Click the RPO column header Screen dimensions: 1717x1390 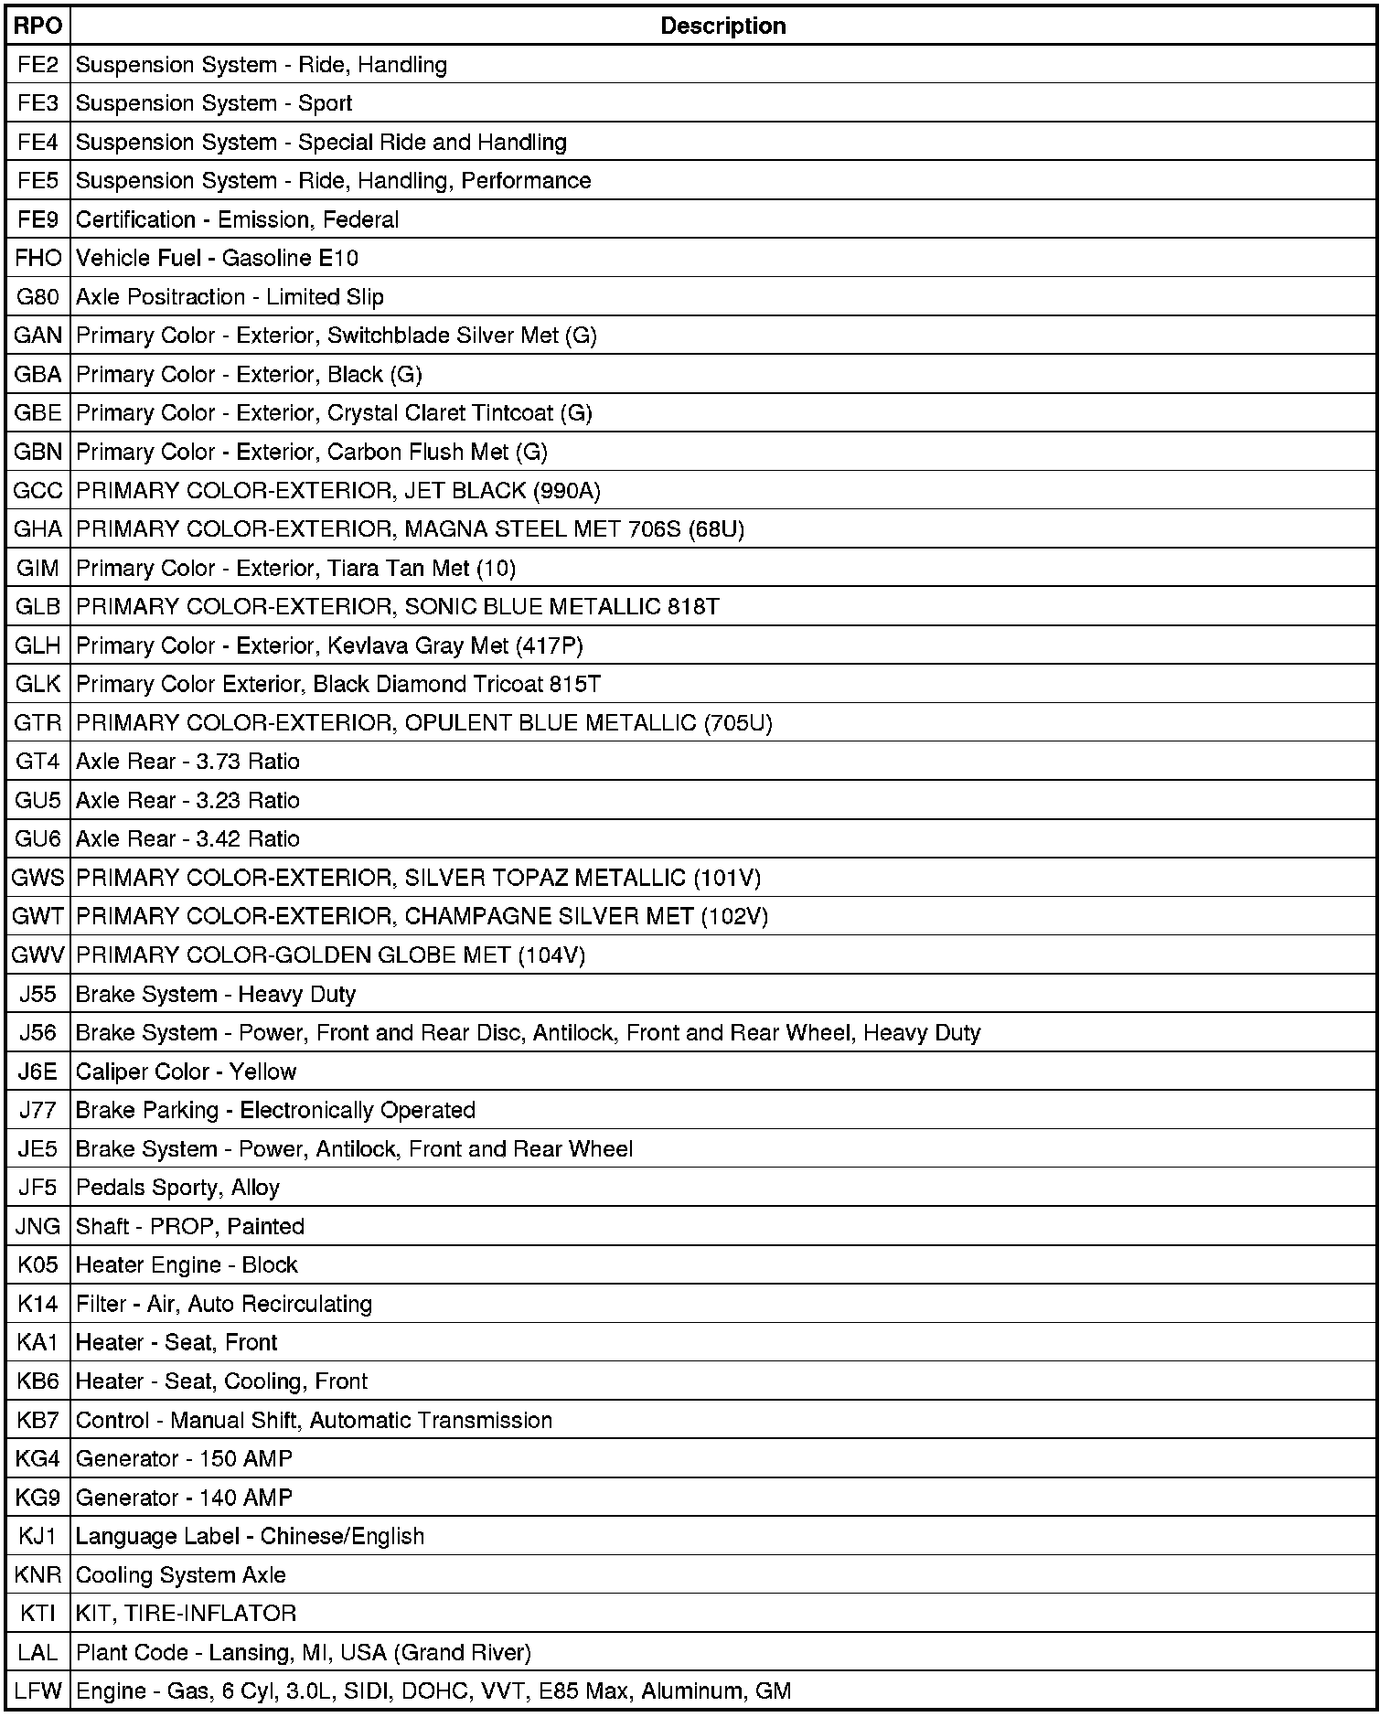[37, 26]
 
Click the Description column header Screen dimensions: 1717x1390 [722, 26]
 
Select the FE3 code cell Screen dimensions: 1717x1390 [37, 103]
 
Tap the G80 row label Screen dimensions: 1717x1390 [37, 297]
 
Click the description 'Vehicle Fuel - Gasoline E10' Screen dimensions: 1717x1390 [217, 259]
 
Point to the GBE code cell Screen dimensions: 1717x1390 [37, 413]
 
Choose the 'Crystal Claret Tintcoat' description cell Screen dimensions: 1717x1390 [334, 413]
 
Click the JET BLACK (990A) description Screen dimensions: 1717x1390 [337, 491]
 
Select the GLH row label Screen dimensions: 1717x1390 [37, 645]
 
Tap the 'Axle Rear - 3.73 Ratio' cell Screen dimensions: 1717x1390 [187, 762]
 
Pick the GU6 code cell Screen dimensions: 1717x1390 [37, 839]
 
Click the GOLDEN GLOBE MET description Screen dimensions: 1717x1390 [330, 955]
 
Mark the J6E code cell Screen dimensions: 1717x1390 [37, 1072]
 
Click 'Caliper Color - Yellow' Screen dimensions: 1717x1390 [186, 1072]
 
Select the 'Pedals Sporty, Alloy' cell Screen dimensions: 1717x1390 [177, 1188]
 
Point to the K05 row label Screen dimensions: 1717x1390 [37, 1265]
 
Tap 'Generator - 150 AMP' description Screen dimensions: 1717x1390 [184, 1459]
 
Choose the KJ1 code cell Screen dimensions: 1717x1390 [37, 1536]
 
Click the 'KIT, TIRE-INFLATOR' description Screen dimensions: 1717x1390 [186, 1614]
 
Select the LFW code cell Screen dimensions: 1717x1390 [37, 1691]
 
